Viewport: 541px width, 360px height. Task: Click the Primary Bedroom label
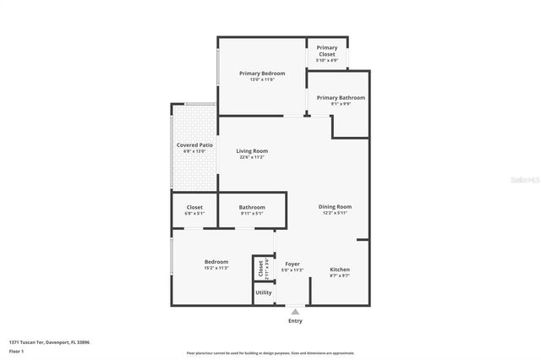(262, 74)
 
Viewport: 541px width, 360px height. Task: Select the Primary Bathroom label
(341, 98)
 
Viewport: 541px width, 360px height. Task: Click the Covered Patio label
(194, 145)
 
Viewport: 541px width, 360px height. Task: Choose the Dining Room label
(335, 206)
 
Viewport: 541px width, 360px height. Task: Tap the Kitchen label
(340, 270)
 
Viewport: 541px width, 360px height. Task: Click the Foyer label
(292, 264)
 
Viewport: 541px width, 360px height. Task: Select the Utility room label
(264, 292)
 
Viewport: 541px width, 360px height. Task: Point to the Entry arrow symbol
(295, 312)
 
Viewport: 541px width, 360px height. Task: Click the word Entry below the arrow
(295, 321)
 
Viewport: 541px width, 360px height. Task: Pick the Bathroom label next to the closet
(252, 207)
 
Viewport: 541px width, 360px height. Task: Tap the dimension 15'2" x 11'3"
(216, 268)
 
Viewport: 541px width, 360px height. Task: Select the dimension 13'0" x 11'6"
(262, 79)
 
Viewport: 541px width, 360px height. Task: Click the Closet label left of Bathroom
(194, 207)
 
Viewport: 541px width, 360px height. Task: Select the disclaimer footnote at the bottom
(270, 353)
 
